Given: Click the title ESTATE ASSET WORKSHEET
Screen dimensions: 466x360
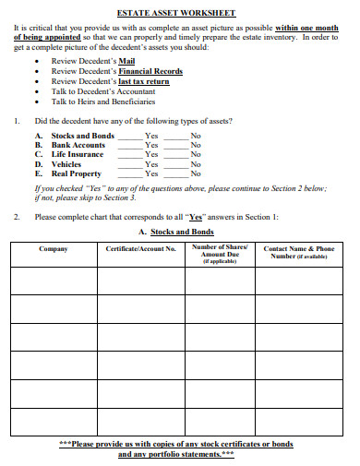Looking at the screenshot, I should tap(178, 13).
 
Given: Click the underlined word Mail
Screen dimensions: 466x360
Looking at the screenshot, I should tap(126, 61).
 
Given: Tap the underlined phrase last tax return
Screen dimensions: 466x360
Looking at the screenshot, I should tap(138, 81).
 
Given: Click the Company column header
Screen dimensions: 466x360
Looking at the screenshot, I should tap(54, 249).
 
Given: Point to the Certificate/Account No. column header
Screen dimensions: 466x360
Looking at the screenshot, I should tap(140, 249).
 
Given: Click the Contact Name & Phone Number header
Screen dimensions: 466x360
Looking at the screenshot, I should tap(300, 252).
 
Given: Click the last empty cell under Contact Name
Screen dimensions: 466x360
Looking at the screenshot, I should tap(300, 423).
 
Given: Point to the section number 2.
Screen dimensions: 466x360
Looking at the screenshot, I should tap(17, 217).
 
